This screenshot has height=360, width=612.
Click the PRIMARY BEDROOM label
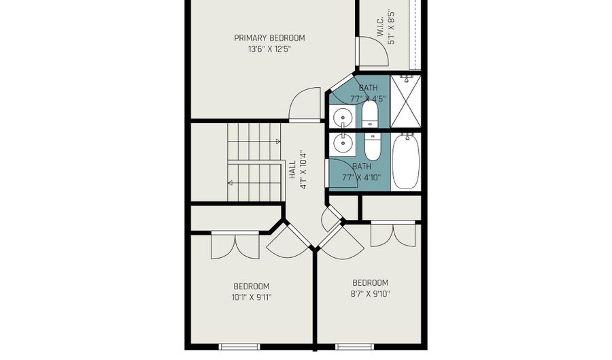click(269, 38)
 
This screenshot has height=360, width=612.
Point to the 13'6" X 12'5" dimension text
click(269, 49)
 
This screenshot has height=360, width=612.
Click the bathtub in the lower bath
click(406, 161)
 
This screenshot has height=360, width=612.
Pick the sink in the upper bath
click(343, 118)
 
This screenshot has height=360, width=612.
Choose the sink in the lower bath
click(343, 143)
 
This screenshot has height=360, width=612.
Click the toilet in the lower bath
click(373, 145)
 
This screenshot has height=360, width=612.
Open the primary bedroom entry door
click(305, 105)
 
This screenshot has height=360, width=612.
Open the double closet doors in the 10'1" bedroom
click(235, 245)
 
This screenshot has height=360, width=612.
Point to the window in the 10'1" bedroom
click(239, 346)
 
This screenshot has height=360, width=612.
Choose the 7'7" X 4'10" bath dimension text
click(362, 178)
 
